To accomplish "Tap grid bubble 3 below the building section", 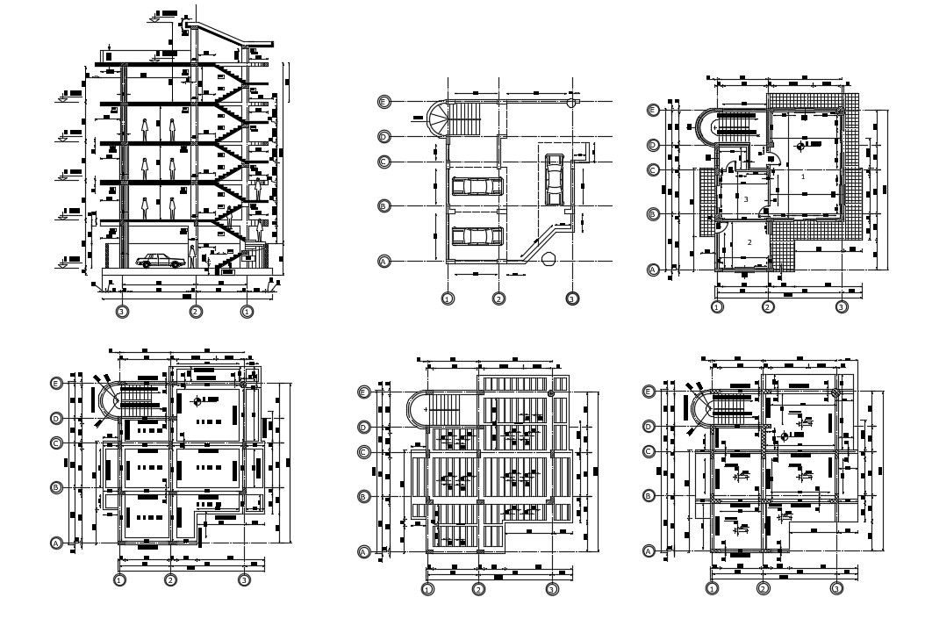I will point(122,311).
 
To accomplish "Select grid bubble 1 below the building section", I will point(247,311).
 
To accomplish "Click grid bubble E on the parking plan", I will point(384,102).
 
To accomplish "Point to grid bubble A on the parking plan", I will point(384,262).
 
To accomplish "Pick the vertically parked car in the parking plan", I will point(555,178).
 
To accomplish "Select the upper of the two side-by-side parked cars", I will point(477,185).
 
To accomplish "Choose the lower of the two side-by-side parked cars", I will point(477,236).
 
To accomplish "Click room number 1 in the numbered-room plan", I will point(803,176).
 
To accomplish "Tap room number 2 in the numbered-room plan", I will point(749,241).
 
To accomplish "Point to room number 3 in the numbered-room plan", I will point(746,200).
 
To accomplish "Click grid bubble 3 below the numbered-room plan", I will point(842,307).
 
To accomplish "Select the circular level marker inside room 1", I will point(800,147).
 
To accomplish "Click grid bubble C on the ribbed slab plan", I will point(364,452).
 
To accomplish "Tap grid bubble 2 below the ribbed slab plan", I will point(478,589).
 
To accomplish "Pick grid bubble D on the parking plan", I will point(384,136).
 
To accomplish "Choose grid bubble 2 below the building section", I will point(196,311).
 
